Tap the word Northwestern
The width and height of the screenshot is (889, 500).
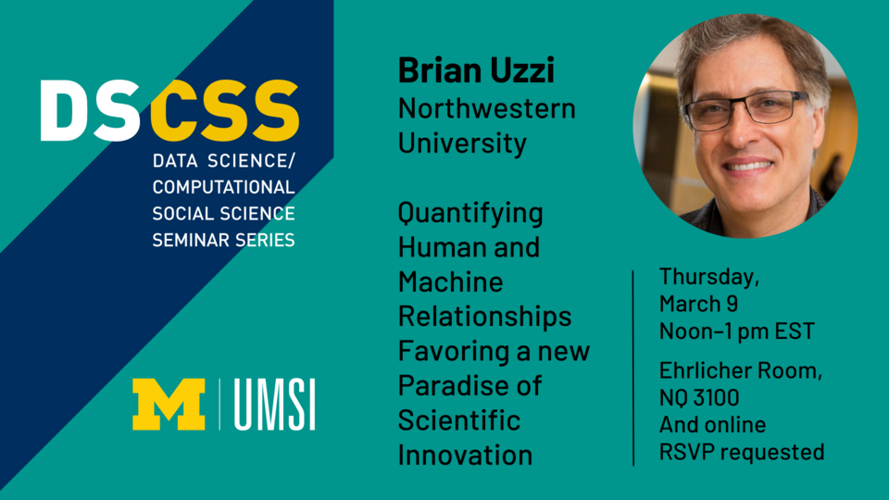[486, 108]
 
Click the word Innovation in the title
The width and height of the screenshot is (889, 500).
[465, 455]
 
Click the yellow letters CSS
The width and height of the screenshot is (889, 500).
[224, 111]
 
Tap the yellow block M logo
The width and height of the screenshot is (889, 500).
[169, 404]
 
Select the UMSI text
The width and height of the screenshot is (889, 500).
[274, 405]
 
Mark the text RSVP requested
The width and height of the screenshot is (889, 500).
[742, 452]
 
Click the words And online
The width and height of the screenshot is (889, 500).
[712, 425]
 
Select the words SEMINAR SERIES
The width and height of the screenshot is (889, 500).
[223, 240]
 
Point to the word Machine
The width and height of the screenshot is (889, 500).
[450, 282]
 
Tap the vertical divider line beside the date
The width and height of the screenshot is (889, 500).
[632, 367]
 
